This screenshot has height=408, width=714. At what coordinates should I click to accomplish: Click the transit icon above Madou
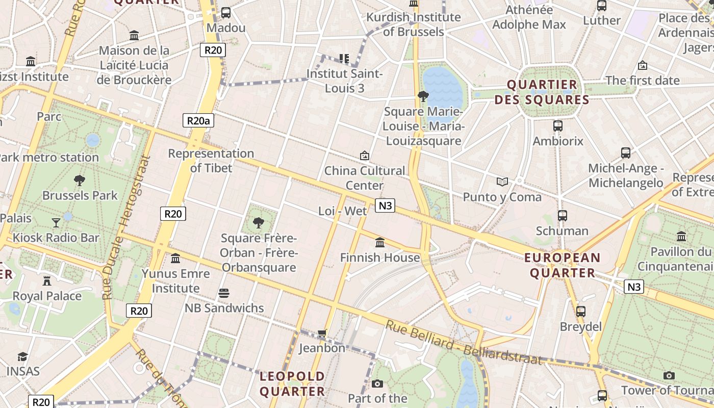[x=225, y=13]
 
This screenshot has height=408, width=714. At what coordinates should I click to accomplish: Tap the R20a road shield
[x=198, y=120]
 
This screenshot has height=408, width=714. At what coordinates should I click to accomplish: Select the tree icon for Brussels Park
[x=79, y=180]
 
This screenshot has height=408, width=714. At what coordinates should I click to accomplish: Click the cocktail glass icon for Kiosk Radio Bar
[x=56, y=222]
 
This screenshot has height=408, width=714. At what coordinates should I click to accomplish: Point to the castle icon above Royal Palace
[x=47, y=280]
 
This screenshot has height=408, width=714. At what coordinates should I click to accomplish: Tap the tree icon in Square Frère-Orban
[x=259, y=222]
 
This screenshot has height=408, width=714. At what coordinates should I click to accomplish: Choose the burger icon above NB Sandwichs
[x=224, y=293]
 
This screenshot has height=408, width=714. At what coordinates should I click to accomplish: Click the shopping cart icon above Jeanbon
[x=322, y=334]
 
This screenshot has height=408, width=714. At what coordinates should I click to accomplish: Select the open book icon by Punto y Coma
[x=502, y=182]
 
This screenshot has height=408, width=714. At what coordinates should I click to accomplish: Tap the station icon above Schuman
[x=563, y=216]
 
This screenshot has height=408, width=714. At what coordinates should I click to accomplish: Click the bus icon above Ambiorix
[x=558, y=125]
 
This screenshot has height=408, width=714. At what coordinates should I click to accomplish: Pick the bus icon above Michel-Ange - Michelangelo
[x=626, y=152]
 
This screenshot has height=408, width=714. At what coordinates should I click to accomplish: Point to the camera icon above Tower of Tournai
[x=669, y=375]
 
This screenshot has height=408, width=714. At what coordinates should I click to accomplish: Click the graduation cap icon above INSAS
[x=22, y=356]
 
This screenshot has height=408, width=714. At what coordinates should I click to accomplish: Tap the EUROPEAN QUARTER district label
[x=563, y=265]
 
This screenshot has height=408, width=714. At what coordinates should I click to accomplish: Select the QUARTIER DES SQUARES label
[x=542, y=92]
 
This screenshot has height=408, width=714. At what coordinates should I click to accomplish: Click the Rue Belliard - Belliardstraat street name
[x=463, y=343]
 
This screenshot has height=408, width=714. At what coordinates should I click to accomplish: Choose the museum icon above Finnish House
[x=380, y=242]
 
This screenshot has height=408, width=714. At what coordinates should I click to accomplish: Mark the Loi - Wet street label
[x=342, y=211]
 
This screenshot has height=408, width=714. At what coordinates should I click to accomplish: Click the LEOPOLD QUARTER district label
[x=292, y=384]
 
